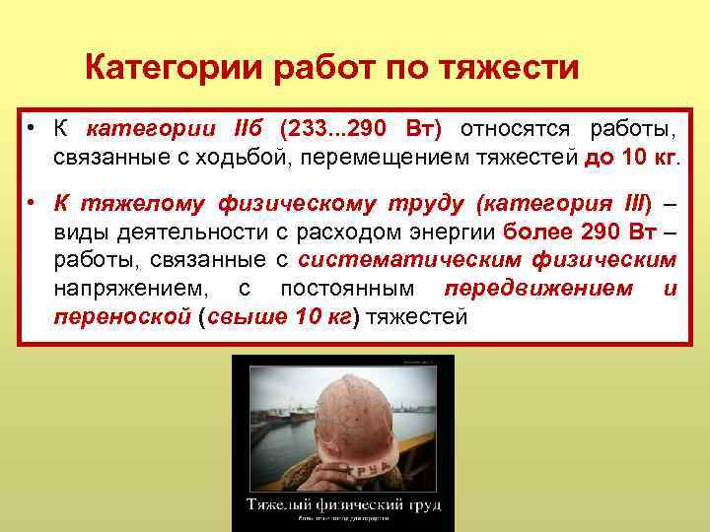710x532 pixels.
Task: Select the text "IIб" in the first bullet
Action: [x=249, y=130]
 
